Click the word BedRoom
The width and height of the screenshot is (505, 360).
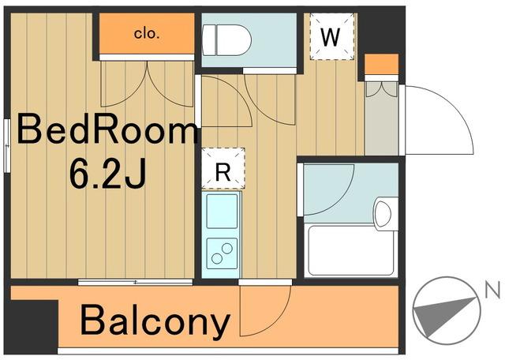point(107,131)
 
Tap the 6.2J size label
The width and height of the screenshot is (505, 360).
point(108,174)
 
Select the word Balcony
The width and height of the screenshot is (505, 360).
point(155,321)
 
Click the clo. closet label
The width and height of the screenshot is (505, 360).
point(147,33)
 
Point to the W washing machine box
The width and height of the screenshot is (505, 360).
point(331,36)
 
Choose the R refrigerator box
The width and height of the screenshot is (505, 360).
point(223,168)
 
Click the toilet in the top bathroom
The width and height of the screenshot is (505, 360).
point(226,40)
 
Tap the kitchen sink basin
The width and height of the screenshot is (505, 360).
point(222,211)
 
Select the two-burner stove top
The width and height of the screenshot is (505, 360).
point(222,253)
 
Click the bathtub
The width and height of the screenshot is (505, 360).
point(351,251)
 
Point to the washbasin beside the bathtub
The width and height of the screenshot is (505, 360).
point(385,213)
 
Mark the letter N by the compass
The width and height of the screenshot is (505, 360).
point(492,290)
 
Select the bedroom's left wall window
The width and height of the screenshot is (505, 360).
point(7,146)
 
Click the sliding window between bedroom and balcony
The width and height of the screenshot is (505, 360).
point(135,283)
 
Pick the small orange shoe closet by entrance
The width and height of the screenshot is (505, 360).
point(381,65)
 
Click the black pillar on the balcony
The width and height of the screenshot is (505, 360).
point(33,326)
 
